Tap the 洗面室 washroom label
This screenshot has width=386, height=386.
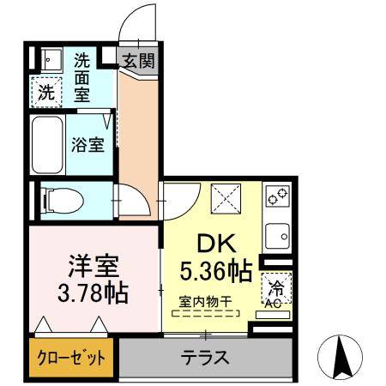[x=82, y=77]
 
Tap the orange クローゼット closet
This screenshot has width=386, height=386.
[x=71, y=357]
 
